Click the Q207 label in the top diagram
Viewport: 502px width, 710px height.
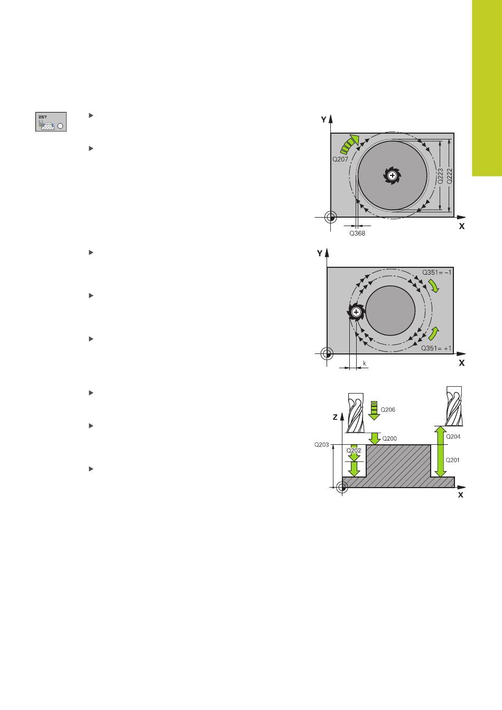point(340,159)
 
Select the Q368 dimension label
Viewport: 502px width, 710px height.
point(357,233)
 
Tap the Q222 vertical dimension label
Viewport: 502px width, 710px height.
point(449,175)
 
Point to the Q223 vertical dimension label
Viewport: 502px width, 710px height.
point(441,175)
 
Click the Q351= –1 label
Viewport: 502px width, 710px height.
point(436,272)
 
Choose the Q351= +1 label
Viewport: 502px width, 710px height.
point(436,348)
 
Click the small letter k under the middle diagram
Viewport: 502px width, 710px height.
point(365,363)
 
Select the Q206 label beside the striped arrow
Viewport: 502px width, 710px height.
point(388,409)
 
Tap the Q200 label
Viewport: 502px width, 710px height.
point(389,438)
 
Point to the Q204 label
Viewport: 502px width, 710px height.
point(453,436)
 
